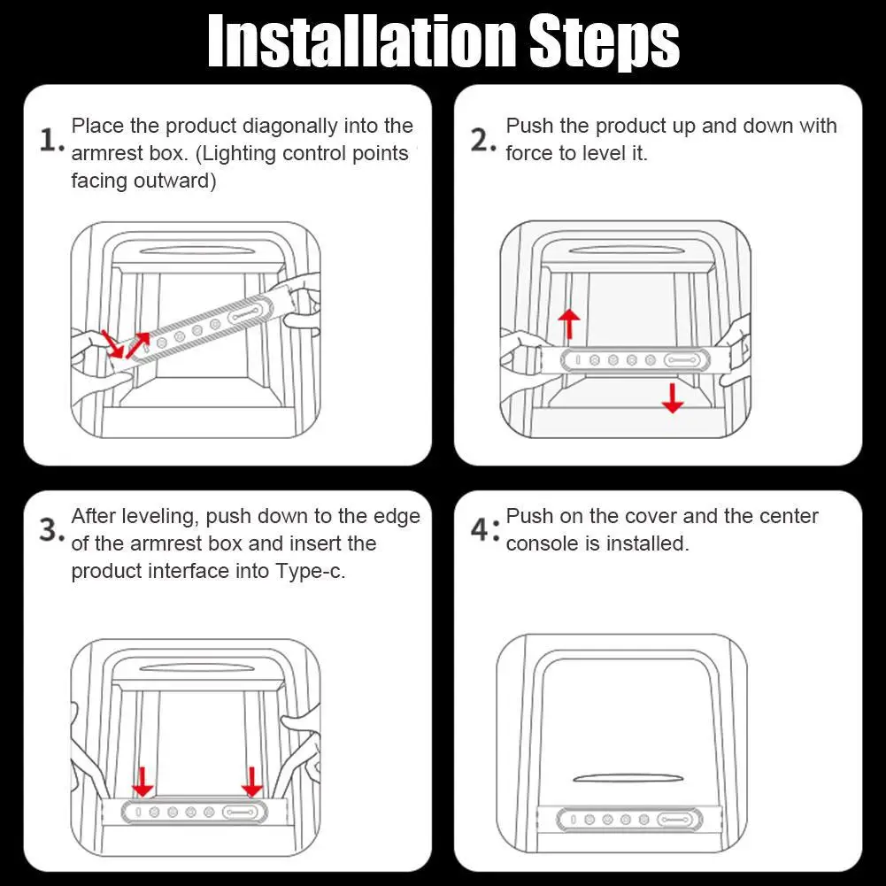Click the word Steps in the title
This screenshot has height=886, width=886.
(x=604, y=43)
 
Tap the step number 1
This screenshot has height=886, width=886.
(x=51, y=140)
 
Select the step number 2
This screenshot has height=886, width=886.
(x=483, y=140)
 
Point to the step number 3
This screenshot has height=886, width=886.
(x=51, y=529)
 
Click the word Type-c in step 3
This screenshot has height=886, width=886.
(x=310, y=571)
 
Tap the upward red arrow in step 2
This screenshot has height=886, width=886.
(x=569, y=324)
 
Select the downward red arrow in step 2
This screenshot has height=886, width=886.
(x=673, y=397)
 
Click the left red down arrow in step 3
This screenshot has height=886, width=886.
(x=143, y=782)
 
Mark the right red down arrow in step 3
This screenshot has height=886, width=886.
(x=251, y=782)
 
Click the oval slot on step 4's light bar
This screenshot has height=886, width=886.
(x=675, y=820)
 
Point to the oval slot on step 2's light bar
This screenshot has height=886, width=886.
(x=682, y=360)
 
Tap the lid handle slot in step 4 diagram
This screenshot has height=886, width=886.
(x=628, y=779)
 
